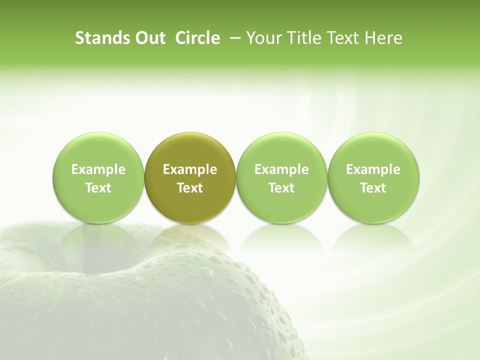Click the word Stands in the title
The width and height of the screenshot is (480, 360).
tap(99, 38)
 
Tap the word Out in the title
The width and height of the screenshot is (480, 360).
tap(148, 38)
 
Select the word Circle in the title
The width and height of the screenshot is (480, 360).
tap(197, 38)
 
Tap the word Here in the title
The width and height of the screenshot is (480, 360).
tap(384, 38)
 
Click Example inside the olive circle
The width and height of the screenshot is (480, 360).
tap(190, 169)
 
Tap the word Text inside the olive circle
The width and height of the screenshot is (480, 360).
tap(190, 188)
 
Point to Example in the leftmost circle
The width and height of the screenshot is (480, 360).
tap(98, 169)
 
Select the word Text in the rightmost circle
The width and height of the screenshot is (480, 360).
tap(373, 188)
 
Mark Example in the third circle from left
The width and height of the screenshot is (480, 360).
tap(281, 169)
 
